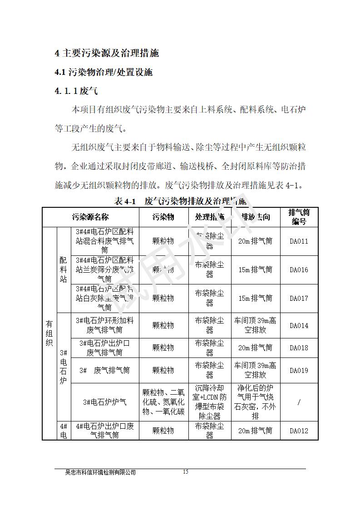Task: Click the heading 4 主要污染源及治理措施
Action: point(107,53)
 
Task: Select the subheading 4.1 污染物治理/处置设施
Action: point(104,72)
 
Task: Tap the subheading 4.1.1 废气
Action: point(76,91)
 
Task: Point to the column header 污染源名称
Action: point(90,217)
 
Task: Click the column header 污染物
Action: point(163,217)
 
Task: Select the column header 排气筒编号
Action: point(299,217)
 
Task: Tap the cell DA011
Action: point(299,241)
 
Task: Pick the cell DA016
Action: point(299,269)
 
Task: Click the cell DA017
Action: point(299,298)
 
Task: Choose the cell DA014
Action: point(299,325)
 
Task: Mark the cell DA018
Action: point(299,347)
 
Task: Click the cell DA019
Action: point(299,370)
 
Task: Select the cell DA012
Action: point(299,431)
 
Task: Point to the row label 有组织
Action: point(49,333)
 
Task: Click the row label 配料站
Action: point(64,269)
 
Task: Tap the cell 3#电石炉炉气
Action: point(105,402)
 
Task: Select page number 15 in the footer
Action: point(185,472)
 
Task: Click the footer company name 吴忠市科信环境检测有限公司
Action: point(101,472)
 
